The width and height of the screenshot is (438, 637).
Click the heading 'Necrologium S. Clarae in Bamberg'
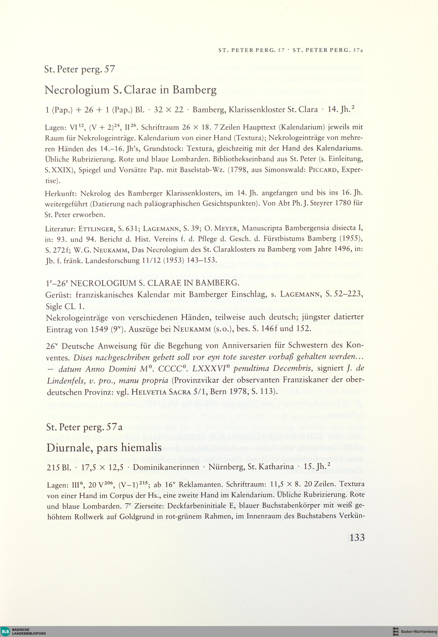[x=130, y=90]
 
